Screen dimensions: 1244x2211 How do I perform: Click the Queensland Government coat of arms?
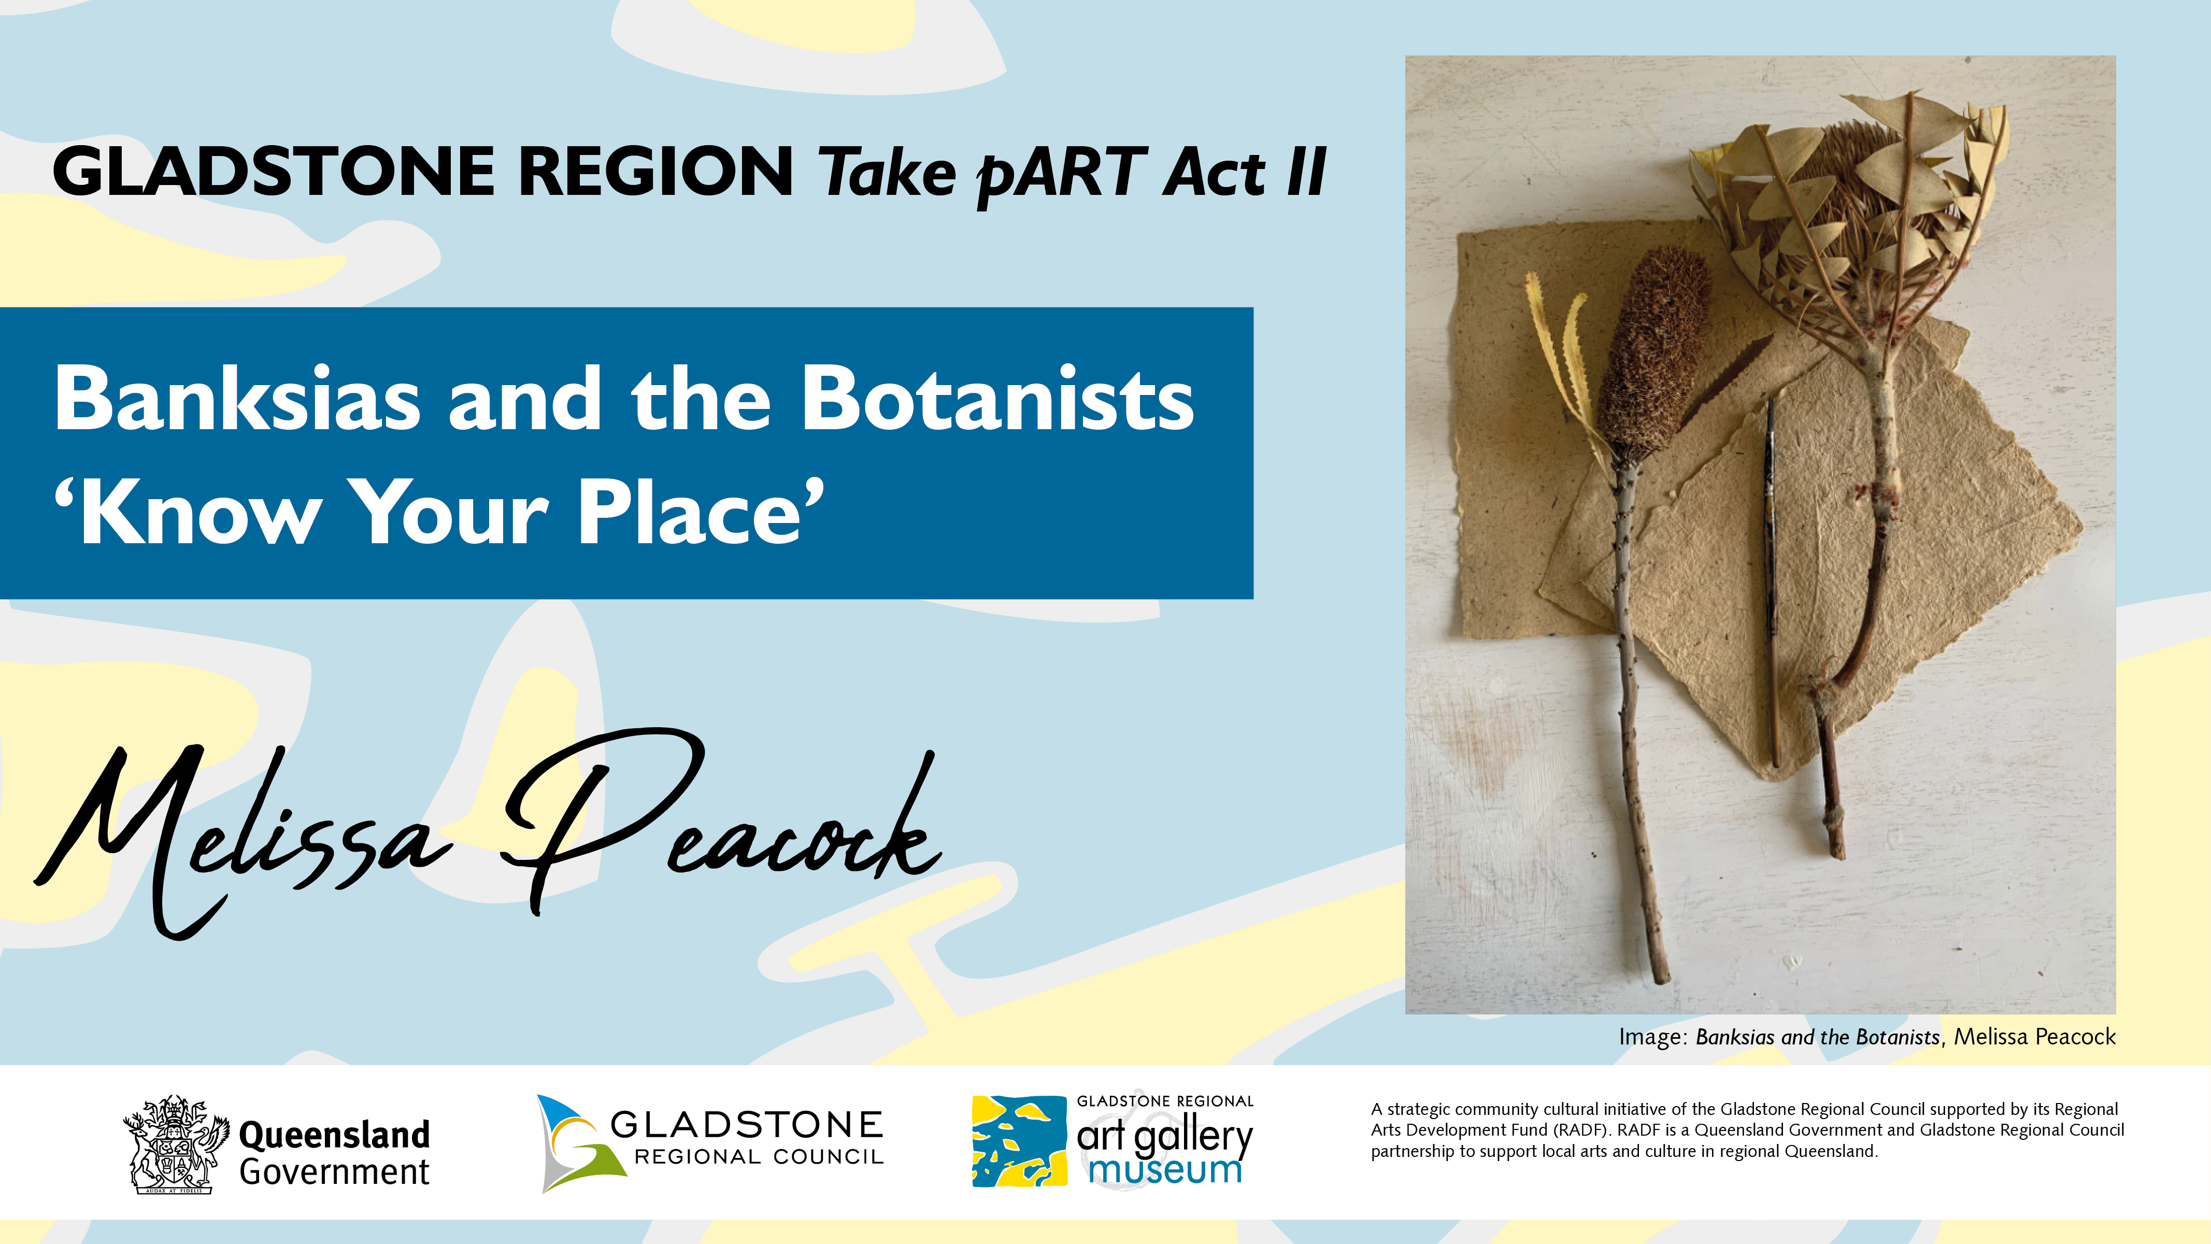click(176, 1144)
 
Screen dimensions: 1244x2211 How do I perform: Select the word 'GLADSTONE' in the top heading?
click(273, 172)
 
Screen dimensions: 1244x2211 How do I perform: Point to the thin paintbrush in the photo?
click(1770, 584)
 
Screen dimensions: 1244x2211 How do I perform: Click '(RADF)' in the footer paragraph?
click(1582, 1130)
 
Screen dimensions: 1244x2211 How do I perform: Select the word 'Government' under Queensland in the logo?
click(334, 1172)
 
